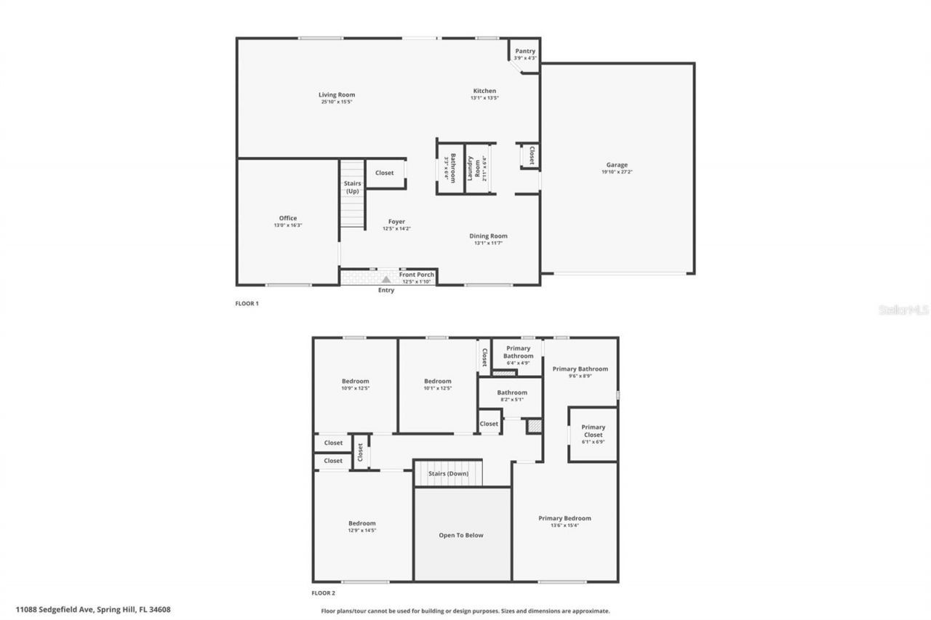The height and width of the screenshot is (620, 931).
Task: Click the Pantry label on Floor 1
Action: click(x=524, y=51)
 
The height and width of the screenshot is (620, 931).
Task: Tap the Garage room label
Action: click(x=617, y=165)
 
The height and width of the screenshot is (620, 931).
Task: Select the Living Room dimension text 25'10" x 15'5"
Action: click(x=337, y=102)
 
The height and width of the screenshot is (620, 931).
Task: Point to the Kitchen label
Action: click(x=484, y=91)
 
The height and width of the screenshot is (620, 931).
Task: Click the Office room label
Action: click(x=288, y=218)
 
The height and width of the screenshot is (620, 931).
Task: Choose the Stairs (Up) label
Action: click(x=352, y=187)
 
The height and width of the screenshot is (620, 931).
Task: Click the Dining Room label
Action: click(x=488, y=235)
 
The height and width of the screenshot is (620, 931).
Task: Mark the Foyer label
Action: click(x=396, y=222)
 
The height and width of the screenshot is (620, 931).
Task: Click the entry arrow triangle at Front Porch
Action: click(x=386, y=278)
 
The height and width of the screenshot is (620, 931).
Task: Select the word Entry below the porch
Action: click(x=386, y=291)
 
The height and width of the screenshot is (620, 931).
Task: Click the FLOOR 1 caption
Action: click(x=247, y=304)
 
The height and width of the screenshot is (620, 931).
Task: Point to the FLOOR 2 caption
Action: click(x=323, y=594)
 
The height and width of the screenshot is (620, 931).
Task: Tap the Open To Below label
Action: click(x=460, y=535)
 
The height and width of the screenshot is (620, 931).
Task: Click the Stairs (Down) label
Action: click(x=448, y=473)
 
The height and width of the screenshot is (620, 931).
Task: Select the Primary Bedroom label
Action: click(x=564, y=518)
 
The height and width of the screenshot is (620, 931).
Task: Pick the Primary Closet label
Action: click(x=593, y=431)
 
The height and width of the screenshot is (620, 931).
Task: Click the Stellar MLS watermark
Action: click(x=903, y=310)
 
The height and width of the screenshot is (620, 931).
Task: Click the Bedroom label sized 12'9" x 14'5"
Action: click(x=361, y=523)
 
